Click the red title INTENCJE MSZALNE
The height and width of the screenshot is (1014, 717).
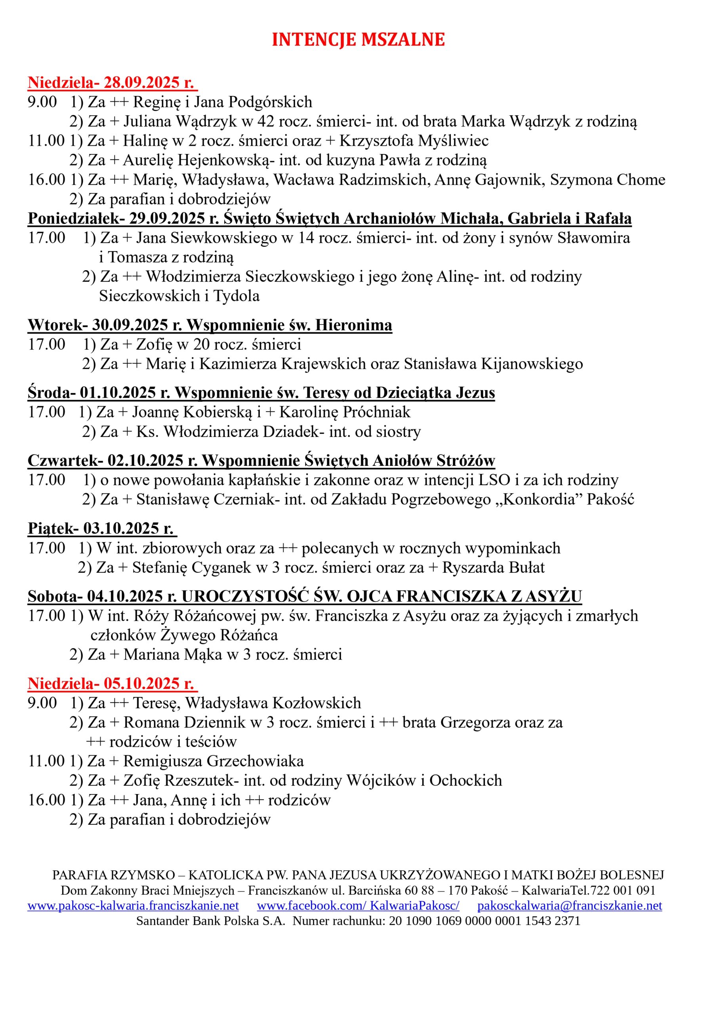coord(358,40)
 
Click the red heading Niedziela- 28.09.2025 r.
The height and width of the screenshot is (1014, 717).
coord(112,83)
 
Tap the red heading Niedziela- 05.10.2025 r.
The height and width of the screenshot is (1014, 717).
coord(112,684)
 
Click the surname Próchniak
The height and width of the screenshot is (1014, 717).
coord(376,412)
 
